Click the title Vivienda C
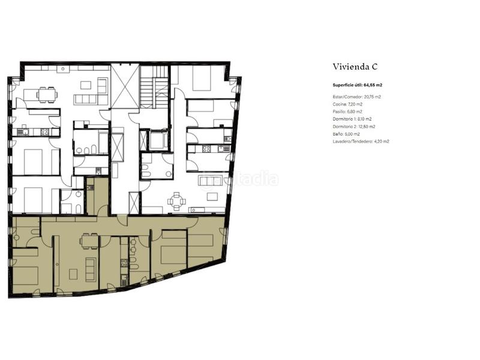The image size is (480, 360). coord(355,67)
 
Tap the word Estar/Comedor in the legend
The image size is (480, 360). coord(347,97)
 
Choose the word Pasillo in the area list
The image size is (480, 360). coord(340,112)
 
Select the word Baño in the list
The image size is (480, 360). coord(337,134)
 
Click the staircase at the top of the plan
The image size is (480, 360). coord(155,86)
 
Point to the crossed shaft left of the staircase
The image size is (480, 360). coord(125,86)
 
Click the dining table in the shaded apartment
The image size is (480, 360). coord(89,241)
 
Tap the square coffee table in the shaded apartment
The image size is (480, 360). coord(73,274)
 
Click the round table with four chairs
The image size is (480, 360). coord(176,201)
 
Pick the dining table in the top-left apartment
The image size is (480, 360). coord(46,94)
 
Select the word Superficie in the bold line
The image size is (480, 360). coord(344,85)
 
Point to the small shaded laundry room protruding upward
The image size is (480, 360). coord(96,195)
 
